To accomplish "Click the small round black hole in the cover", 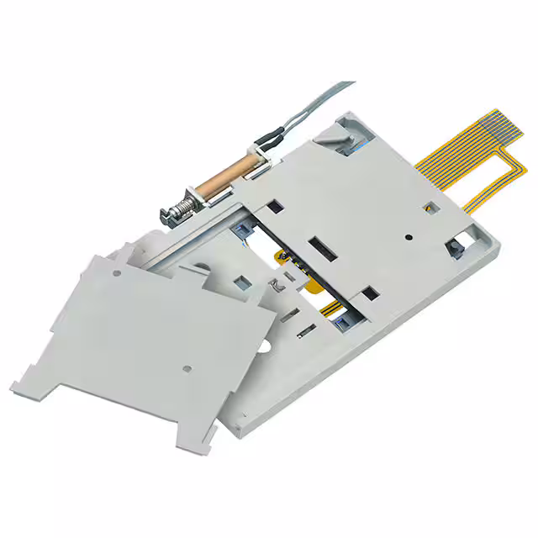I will pos(407,237).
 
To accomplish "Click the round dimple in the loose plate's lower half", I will pos(187,367).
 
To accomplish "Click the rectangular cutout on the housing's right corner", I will pos(457,246).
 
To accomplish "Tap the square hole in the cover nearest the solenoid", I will pos(274,204).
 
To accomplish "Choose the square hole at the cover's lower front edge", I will pos(367,293).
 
